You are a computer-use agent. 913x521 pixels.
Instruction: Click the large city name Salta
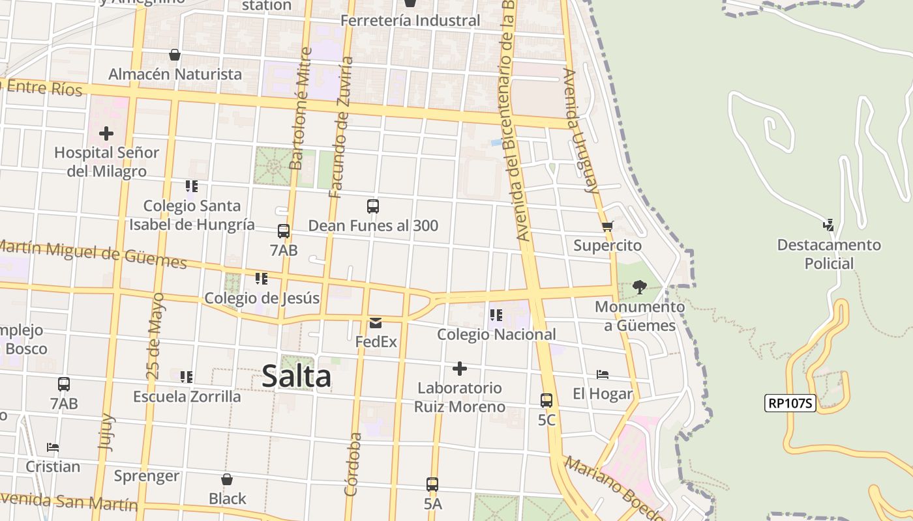297,377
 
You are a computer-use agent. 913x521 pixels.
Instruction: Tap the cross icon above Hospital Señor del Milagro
106,134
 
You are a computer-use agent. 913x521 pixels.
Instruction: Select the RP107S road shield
790,403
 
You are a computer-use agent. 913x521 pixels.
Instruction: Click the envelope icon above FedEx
376,323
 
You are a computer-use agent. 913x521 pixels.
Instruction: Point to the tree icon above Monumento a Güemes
640,287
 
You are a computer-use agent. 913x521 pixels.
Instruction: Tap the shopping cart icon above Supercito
608,227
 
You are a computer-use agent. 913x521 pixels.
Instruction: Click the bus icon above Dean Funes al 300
373,206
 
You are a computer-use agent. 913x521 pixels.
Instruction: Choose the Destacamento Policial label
829,255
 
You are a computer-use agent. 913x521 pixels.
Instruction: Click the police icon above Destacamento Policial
828,225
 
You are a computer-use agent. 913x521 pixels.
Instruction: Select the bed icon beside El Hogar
603,374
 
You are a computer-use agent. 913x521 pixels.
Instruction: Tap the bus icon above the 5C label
546,401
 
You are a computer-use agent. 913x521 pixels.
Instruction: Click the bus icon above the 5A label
432,485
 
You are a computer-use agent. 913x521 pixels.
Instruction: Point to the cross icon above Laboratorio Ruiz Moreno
460,369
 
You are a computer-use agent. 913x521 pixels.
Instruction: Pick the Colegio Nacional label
496,335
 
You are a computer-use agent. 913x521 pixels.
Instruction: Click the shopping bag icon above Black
227,480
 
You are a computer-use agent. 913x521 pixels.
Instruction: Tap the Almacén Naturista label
175,74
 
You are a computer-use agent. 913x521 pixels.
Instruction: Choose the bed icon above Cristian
53,447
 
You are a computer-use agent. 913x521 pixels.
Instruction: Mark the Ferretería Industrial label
410,21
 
